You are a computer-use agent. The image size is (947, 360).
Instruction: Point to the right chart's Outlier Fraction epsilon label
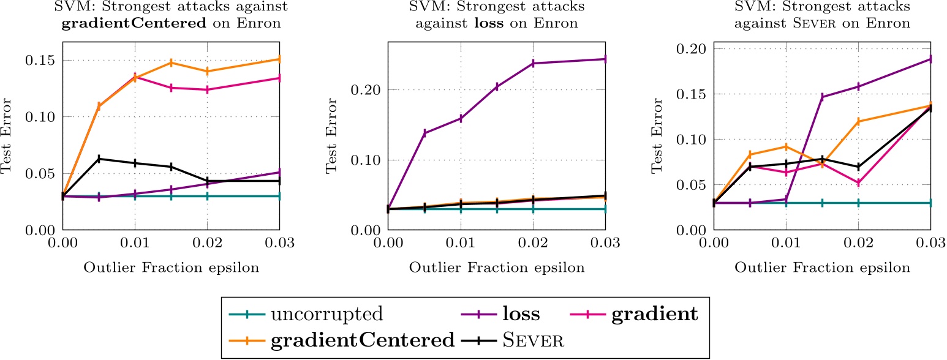[x=821, y=268]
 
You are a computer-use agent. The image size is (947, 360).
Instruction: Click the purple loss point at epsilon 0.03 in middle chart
[x=605, y=59]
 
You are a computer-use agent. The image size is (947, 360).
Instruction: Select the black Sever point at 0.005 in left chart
[x=99, y=159]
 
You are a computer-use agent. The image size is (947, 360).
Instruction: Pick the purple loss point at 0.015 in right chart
[x=822, y=97]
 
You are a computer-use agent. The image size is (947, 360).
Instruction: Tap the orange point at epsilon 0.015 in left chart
[x=171, y=62]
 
